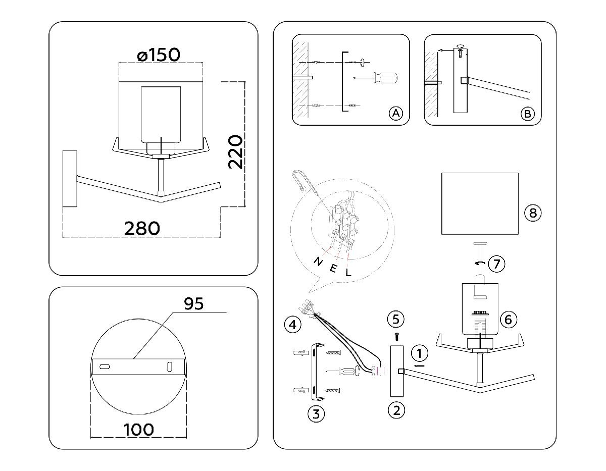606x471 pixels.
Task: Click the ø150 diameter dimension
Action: [x=158, y=55]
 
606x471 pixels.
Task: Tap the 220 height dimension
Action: [x=236, y=151]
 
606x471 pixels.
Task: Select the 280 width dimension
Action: [x=142, y=228]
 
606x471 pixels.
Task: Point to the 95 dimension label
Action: [x=193, y=303]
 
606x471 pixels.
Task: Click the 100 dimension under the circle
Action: [x=138, y=430]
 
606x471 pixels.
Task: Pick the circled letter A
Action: [x=395, y=114]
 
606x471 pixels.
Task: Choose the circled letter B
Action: [x=527, y=114]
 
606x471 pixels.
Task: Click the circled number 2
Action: [x=396, y=410]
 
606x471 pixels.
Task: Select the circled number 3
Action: [x=316, y=414]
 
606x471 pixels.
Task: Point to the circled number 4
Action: [x=290, y=324]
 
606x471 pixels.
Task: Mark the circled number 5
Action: [x=396, y=319]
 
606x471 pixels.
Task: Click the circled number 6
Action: [x=509, y=319]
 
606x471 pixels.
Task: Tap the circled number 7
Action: [x=497, y=264]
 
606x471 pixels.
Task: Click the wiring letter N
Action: [x=318, y=261]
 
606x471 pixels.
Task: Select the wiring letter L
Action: [x=348, y=273]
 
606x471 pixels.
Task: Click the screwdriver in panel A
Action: [x=376, y=78]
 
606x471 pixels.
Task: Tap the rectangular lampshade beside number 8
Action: [x=480, y=203]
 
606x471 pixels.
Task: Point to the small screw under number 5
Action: [x=396, y=335]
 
